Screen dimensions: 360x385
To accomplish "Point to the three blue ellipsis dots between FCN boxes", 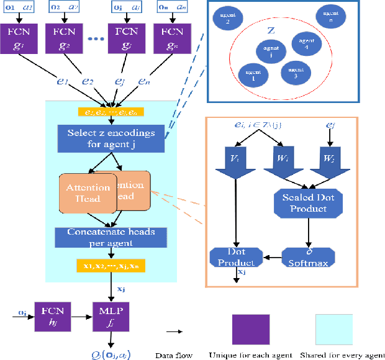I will [x=96, y=38].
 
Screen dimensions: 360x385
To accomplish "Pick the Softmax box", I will [x=309, y=256].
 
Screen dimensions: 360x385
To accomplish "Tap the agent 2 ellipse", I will [x=224, y=17].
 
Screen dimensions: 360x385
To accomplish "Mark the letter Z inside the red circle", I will [x=271, y=29].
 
